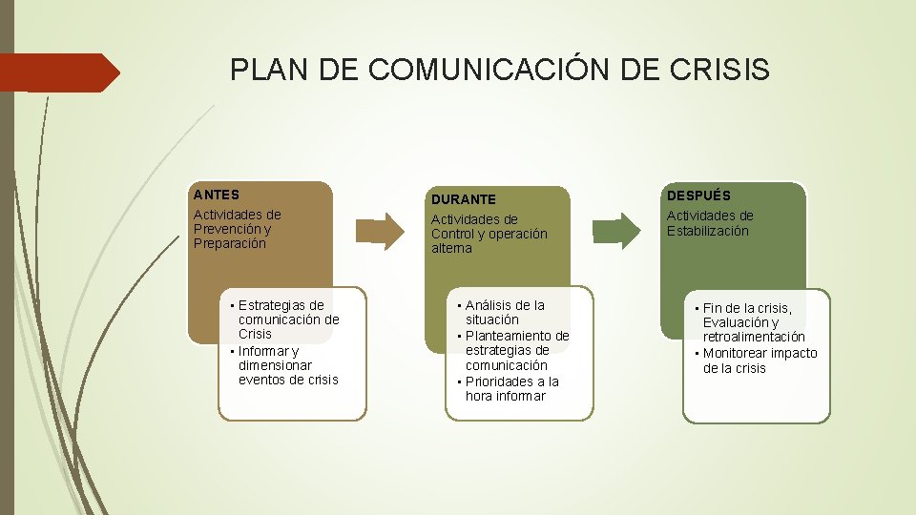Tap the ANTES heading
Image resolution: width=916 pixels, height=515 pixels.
click(216, 195)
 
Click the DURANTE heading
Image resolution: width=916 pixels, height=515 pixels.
click(463, 199)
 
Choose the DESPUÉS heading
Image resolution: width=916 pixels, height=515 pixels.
click(698, 195)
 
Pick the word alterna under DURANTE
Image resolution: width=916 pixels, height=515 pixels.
click(451, 248)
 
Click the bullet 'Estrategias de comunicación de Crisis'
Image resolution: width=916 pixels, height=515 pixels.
click(288, 319)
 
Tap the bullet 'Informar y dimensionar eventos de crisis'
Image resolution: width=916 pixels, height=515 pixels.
click(287, 364)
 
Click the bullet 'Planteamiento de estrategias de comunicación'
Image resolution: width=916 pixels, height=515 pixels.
click(516, 350)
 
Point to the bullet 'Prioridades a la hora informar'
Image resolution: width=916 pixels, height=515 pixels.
click(511, 388)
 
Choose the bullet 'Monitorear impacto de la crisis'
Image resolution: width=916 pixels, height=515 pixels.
click(760, 360)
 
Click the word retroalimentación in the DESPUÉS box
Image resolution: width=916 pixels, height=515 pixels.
click(754, 337)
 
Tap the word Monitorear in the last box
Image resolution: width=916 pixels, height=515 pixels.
click(739, 353)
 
